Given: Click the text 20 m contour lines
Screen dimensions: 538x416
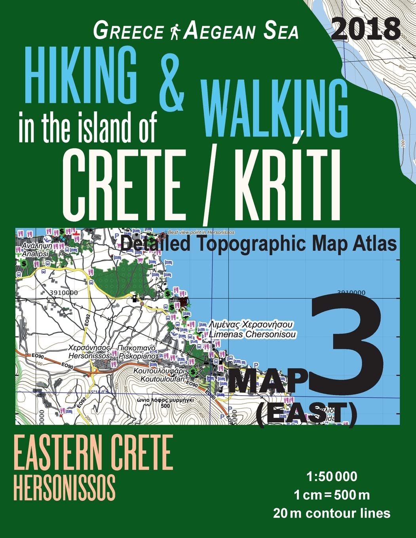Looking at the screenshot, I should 331,513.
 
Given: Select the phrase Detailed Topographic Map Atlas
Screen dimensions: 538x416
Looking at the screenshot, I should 258,244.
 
